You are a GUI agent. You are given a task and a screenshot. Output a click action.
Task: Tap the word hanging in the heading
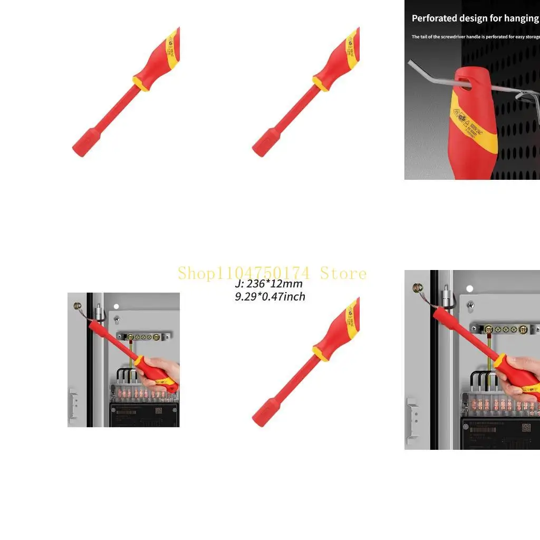520,18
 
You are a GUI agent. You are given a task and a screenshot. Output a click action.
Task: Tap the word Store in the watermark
343,273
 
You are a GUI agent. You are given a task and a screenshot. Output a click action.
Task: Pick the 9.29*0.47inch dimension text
270,297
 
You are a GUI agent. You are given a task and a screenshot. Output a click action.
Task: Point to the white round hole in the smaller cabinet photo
117,306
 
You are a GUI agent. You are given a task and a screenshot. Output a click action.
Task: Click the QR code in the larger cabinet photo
526,427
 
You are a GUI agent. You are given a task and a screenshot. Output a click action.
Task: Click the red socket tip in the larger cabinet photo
437,315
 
